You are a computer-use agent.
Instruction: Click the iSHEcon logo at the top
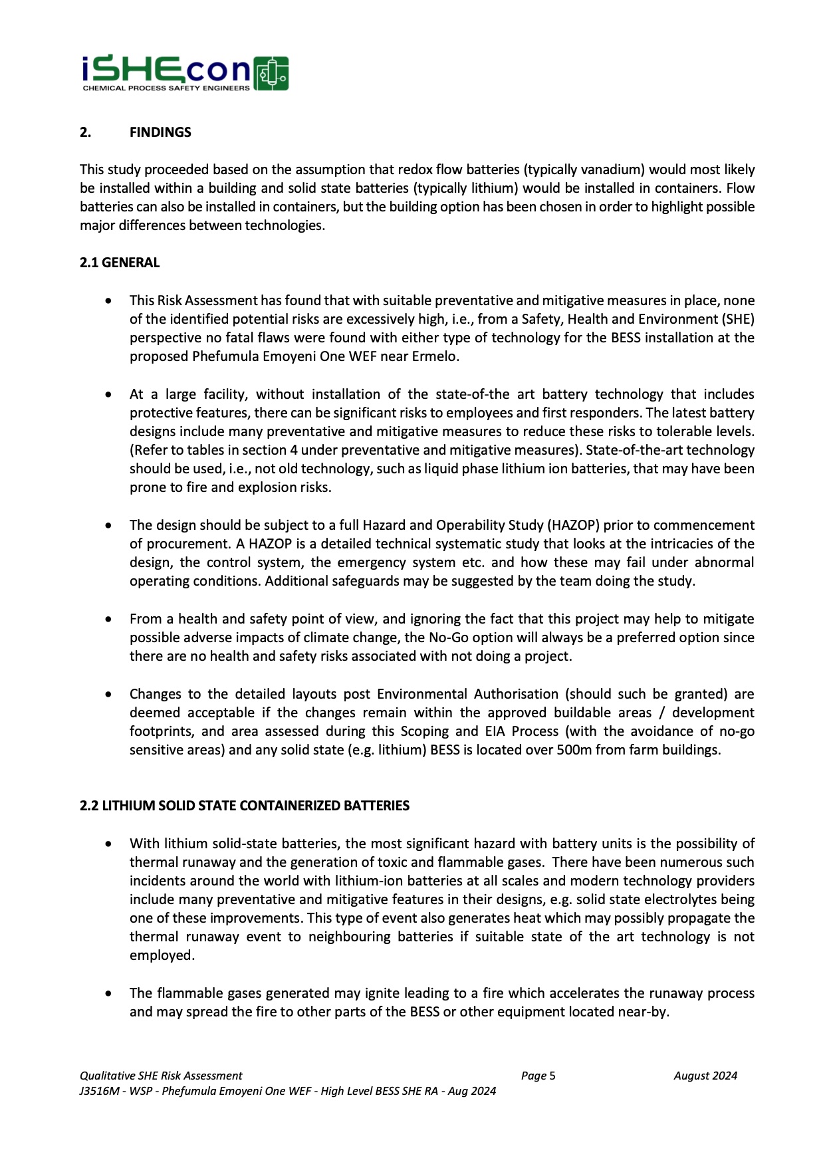pos(184,72)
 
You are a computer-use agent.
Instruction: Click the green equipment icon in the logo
pos(271,73)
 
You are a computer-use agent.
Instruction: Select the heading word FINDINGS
pos(160,132)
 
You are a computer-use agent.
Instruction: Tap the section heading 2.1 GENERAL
pos(120,263)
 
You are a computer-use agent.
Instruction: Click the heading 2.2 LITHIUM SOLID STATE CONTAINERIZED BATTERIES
pos(244,806)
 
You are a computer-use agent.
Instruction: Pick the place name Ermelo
pos(434,356)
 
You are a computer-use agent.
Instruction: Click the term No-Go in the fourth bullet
pos(447,638)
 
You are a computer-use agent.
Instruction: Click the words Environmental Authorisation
pos(467,694)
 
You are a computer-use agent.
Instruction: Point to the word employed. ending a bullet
pos(162,955)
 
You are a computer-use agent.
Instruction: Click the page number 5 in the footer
pos(552,1076)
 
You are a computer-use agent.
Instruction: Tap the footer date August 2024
pos(705,1076)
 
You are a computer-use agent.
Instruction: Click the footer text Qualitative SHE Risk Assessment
pos(161,1076)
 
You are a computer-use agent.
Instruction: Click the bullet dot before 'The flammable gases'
pos(108,994)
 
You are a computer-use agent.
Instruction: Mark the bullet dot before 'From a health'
pos(108,620)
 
